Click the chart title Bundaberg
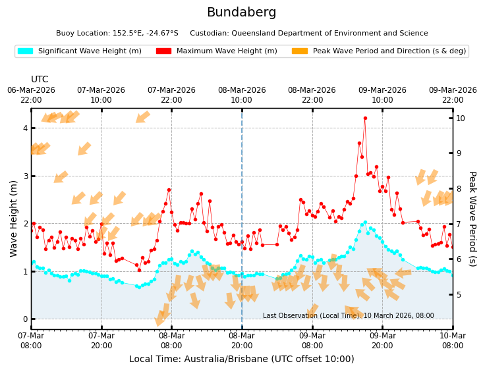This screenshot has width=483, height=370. [x=241, y=13]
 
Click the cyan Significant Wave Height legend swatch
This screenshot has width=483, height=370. [x=25, y=51]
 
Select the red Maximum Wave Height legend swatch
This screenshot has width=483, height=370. [x=163, y=51]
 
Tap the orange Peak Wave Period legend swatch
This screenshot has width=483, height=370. [x=300, y=51]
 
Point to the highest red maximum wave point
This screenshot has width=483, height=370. [x=365, y=119]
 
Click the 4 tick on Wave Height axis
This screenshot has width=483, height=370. [x=24, y=128]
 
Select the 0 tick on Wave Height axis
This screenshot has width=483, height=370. [x=24, y=319]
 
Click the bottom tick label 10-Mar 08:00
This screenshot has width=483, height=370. [x=453, y=340]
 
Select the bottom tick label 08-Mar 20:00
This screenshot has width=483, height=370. [x=242, y=340]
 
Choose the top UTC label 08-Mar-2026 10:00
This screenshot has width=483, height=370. [x=242, y=95]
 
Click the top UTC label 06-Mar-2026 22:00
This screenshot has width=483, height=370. [x=31, y=95]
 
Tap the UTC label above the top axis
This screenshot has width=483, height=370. [x=40, y=80]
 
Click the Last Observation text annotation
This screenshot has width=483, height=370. [x=348, y=316]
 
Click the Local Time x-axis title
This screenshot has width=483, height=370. [x=241, y=359]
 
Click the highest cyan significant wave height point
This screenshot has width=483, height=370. [x=365, y=223]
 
